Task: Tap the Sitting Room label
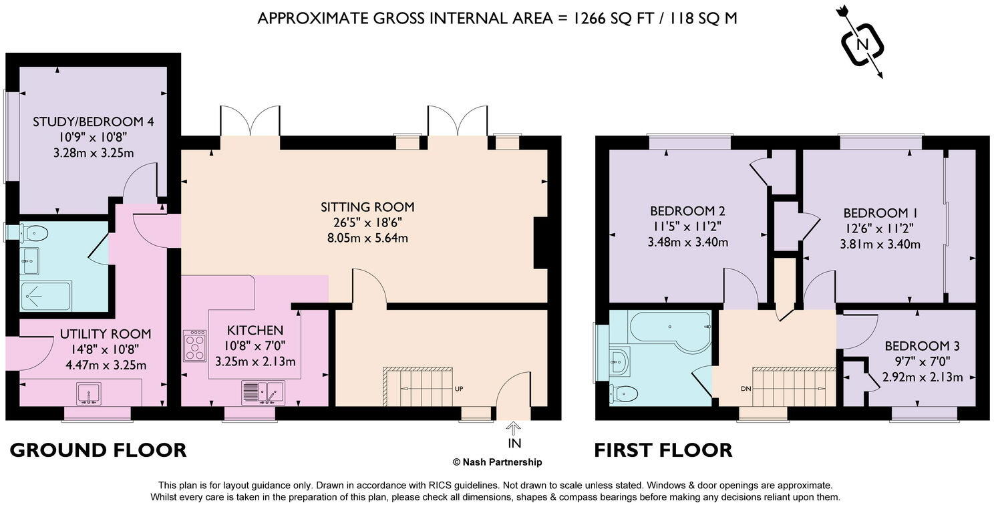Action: coord(367,206)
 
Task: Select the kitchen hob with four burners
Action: coord(195,345)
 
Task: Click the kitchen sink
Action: coord(263,393)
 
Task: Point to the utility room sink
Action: coord(88,393)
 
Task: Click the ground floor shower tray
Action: coord(45,295)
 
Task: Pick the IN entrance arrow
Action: coord(514,435)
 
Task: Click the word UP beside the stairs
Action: coord(460,388)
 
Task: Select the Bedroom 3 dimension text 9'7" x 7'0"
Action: coord(922,361)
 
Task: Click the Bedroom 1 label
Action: coord(880,213)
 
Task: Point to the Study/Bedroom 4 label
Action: coord(93,122)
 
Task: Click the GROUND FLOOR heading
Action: coord(98,450)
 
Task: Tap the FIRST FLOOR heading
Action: coord(663,450)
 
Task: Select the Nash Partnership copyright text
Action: coord(497,462)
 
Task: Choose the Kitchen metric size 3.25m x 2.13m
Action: coord(255,361)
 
